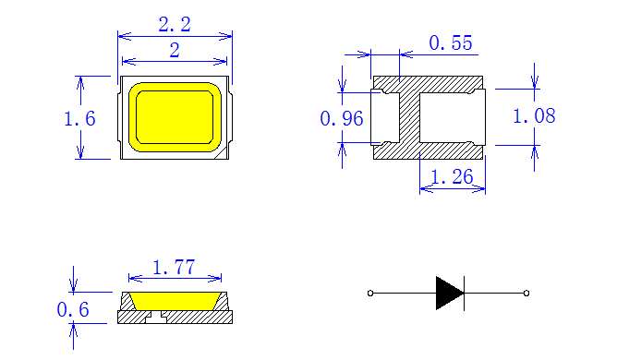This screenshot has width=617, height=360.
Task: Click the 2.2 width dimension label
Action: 175,24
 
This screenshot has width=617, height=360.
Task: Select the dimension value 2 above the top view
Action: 175,51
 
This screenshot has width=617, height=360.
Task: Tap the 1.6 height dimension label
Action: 79,118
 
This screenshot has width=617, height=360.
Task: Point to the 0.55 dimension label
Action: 451,42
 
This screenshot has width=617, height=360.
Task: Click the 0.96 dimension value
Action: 342,118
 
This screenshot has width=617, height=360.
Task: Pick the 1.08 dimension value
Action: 534,116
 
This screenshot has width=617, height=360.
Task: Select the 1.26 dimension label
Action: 452,176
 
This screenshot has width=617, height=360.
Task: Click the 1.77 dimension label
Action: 174,267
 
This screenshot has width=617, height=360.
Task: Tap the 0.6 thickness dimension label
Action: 73,309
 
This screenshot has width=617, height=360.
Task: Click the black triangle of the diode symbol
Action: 449,294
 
